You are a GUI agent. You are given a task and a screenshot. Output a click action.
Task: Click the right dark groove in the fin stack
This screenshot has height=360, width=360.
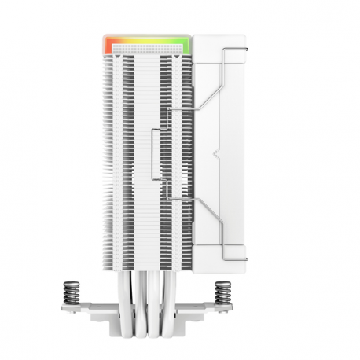click(165, 157)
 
